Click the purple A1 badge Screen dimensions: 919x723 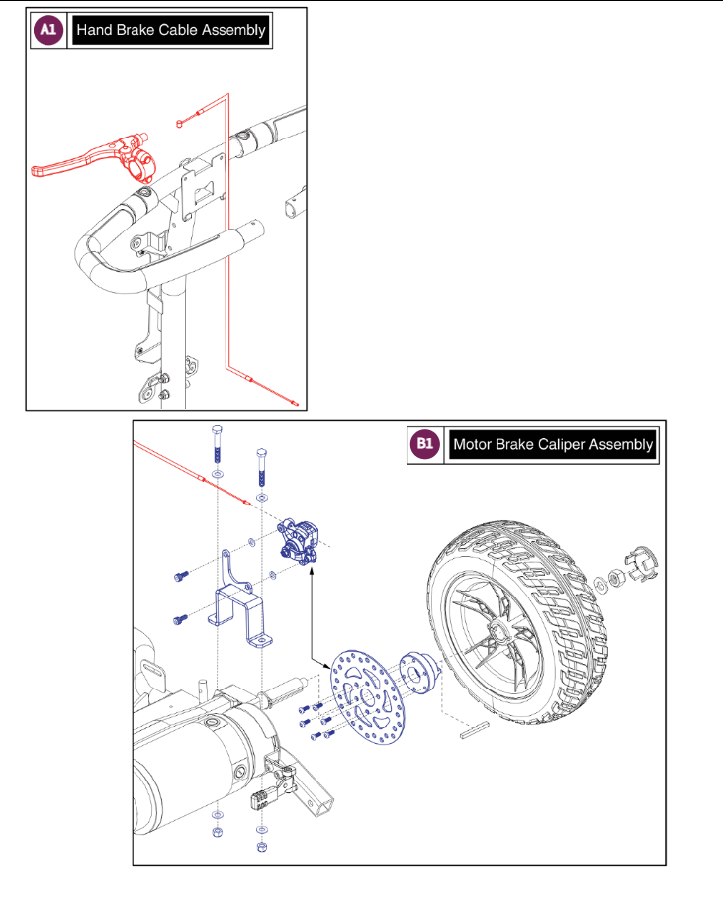[x=46, y=30]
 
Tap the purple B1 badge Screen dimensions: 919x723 [x=424, y=444]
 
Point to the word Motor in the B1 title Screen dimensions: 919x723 [x=473, y=444]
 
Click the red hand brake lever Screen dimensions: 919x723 [x=79, y=158]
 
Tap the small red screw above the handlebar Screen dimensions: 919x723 [x=180, y=123]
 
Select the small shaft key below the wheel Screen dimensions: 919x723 [x=473, y=731]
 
